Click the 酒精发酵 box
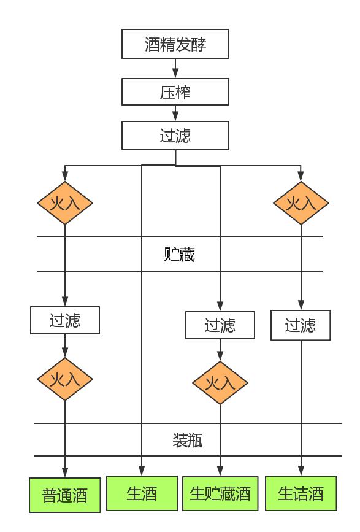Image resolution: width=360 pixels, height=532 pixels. point(175,44)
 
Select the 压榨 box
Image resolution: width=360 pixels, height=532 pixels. point(175,92)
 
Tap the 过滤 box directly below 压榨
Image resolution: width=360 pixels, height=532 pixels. point(175,136)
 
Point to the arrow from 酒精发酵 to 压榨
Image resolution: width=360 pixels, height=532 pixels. point(175,68)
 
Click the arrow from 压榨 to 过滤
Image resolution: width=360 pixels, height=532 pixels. point(175,113)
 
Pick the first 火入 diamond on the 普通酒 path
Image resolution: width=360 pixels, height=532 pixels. point(65,203)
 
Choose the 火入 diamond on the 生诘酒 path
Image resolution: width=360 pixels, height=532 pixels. point(301,203)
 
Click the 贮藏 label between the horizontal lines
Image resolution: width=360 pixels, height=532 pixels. point(180,254)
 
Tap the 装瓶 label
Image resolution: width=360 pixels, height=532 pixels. point(188,440)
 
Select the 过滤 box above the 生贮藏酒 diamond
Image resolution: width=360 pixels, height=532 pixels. point(220,325)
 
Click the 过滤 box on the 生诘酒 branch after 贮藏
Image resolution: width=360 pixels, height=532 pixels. point(301,325)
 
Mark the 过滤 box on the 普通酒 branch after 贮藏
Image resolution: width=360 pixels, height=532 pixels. point(65,320)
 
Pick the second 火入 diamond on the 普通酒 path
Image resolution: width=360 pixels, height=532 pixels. point(65,379)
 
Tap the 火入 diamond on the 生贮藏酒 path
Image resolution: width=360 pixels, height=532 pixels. point(220,383)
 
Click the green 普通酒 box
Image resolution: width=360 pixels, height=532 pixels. point(65,495)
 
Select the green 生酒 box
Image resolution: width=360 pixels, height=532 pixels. point(142,493)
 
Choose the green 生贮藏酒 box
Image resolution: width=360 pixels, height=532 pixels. point(220,493)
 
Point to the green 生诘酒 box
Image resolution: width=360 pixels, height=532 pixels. point(301,493)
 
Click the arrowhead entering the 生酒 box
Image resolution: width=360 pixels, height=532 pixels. point(142,471)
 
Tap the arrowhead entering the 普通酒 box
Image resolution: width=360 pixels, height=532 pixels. point(65,472)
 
